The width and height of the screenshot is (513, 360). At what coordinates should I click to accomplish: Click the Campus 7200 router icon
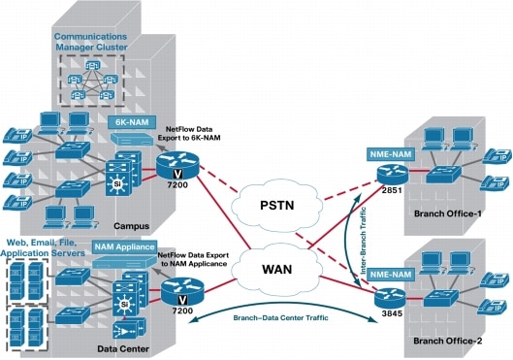pos(178,172)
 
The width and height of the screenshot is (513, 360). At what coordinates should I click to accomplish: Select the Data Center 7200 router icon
pos(177,286)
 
